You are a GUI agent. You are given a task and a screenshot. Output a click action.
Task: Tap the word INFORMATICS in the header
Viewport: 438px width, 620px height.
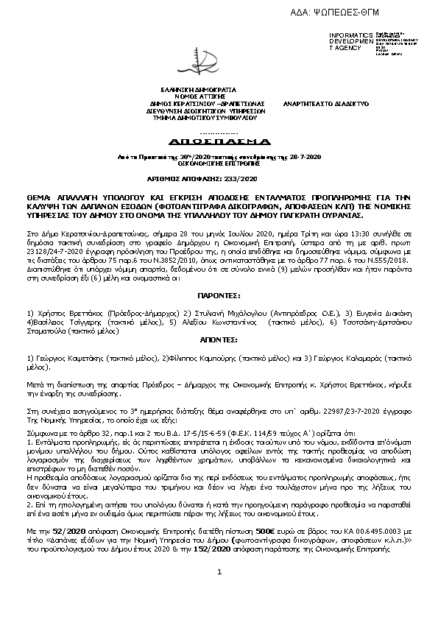pyautogui.click(x=347, y=35)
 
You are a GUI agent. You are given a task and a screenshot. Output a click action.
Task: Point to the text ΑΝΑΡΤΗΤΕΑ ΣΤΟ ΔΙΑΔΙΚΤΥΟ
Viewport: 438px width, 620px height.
pyautogui.click(x=326, y=104)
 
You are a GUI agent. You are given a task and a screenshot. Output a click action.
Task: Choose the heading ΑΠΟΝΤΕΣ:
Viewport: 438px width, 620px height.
pyautogui.click(x=219, y=341)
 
